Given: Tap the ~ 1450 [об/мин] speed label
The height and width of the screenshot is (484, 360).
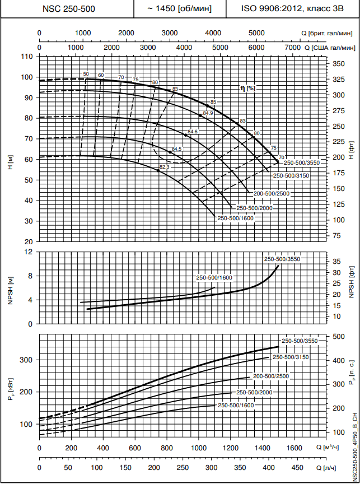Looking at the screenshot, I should coord(179,9).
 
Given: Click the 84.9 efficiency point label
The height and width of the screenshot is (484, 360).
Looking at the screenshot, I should coord(208,113).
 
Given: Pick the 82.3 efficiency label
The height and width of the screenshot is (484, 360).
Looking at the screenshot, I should coord(164,167).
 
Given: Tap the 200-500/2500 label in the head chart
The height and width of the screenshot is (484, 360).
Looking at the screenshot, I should coord(271,194).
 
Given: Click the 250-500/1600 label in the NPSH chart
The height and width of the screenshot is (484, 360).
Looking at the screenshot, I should coord(214,278).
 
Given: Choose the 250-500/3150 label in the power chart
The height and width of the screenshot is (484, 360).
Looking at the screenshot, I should coord(290,357).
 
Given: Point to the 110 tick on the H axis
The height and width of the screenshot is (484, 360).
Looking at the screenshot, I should coord(27,57).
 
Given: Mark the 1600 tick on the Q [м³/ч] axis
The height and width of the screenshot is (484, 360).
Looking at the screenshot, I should coord(294,449).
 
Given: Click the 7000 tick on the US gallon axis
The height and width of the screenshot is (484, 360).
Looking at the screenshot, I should coord(293,48).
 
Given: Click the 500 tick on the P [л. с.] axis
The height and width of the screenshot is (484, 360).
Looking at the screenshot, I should coord(338,336).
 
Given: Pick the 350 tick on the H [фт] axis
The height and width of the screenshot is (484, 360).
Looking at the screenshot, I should coord(338,64).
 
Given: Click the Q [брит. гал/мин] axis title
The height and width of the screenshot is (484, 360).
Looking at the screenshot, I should coord(329,34).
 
